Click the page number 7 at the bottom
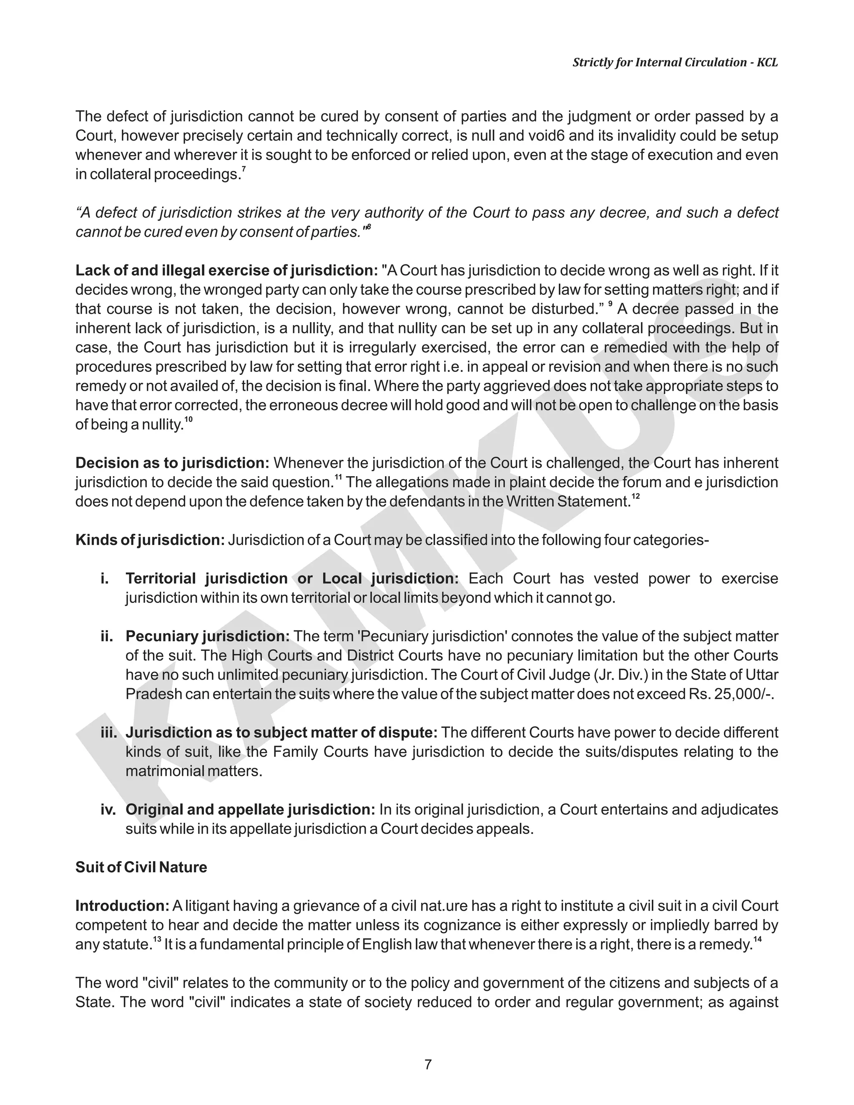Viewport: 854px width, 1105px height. tap(427, 1064)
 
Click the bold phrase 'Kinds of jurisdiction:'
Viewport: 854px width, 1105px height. tap(150, 540)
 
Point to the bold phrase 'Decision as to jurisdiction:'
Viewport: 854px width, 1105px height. tap(172, 463)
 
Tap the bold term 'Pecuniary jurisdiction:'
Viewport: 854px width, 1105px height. tap(207, 636)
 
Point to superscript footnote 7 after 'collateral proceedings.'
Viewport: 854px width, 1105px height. tap(244, 169)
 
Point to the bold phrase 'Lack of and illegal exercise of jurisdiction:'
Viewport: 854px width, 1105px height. tap(227, 271)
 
